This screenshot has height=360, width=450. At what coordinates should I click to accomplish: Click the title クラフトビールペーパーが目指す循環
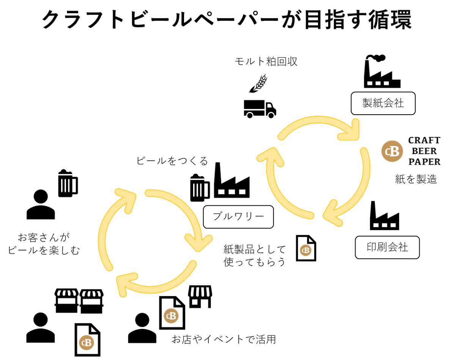pos(227,20)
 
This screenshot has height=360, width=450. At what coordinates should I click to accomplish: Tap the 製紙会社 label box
pos(383,103)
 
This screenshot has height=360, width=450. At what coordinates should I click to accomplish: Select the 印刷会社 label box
pos(387,248)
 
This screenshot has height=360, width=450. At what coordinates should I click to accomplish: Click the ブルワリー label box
pos(238,217)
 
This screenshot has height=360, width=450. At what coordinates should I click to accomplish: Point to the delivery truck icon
pos(260,109)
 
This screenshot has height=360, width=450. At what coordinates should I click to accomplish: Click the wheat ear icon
pos(258,84)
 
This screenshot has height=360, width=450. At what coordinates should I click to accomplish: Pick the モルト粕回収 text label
pos(266,62)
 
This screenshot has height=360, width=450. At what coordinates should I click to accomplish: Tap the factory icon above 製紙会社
pos(381,72)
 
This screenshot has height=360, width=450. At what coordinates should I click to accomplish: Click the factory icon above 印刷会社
pos(384,216)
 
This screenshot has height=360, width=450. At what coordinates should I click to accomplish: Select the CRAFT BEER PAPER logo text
pos(424,151)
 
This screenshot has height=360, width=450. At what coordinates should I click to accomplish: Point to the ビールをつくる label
pos(172,161)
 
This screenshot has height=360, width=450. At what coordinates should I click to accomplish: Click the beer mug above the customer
pos(68,183)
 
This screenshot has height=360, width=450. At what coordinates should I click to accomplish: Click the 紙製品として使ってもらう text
pos(255,256)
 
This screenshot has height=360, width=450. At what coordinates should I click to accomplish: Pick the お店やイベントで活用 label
pos(223,339)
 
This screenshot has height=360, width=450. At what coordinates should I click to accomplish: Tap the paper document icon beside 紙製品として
pos(306,248)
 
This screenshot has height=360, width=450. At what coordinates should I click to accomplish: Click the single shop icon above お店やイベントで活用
pos(200,297)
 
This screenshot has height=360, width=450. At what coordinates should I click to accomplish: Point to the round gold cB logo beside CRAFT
pos(392,151)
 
